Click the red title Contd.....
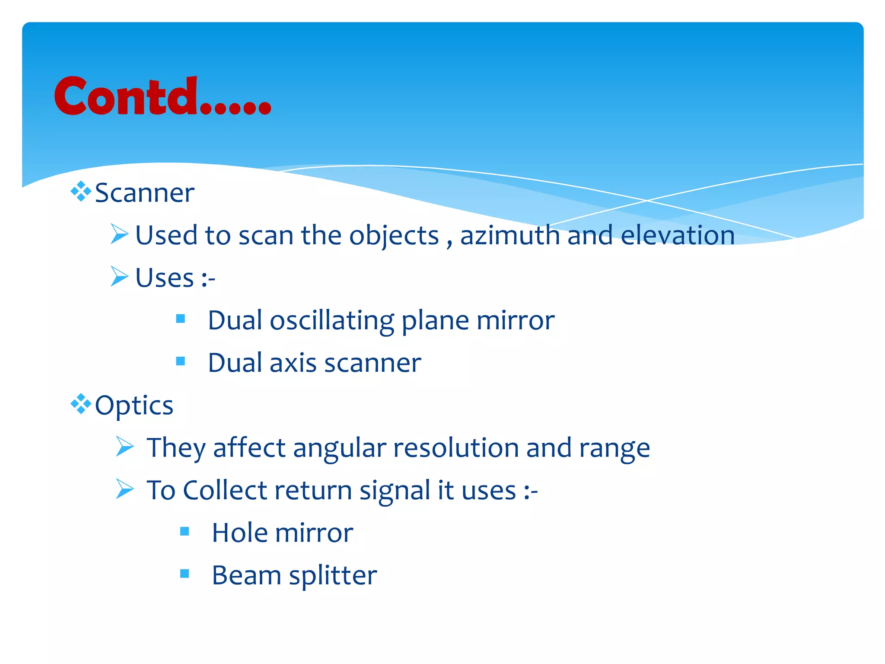pos(162,97)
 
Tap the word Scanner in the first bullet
pos(144,193)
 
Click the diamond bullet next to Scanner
pos(81,192)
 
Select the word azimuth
pos(510,236)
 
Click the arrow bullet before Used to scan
pos(119,234)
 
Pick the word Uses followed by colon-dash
pos(165,278)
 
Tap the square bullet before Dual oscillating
pos(181,319)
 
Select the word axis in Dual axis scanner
pos(293,363)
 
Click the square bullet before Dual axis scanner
pos(181,361)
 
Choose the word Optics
pos(134,406)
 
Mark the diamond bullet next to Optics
pos(81,404)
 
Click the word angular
pos(339,448)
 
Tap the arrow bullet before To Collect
pos(125,488)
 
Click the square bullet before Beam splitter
pos(185,574)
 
